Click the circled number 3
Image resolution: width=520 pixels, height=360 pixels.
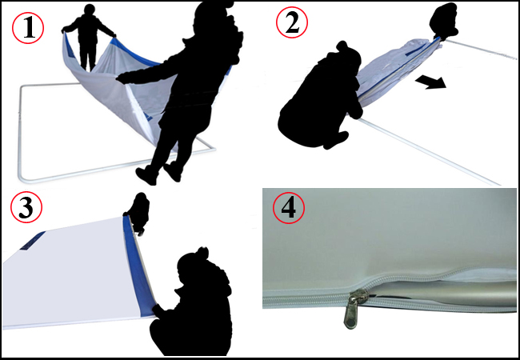[x=27, y=210]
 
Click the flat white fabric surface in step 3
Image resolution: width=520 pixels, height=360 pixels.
[x=72, y=272]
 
